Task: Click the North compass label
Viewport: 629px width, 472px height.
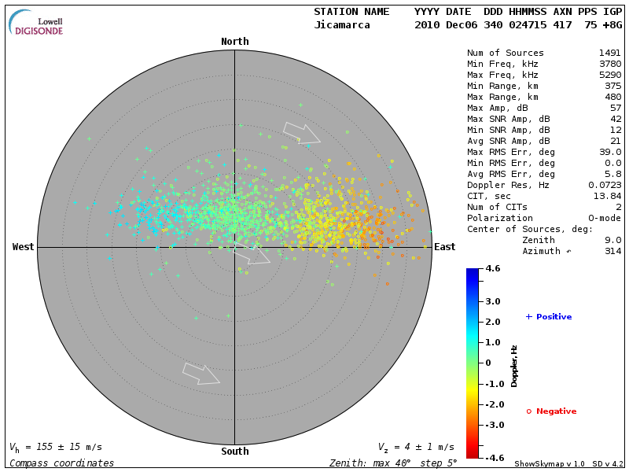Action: [234, 42]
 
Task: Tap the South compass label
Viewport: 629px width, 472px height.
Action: [234, 452]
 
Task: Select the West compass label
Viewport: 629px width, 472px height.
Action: [23, 247]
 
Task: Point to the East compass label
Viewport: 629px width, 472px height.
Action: [445, 247]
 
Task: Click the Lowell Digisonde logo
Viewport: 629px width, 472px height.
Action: [37, 22]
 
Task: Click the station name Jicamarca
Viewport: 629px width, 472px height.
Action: [340, 25]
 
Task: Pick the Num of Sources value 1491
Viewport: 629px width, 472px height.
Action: [610, 53]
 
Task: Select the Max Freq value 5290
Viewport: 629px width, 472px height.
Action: [610, 75]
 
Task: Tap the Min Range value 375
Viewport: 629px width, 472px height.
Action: [612, 86]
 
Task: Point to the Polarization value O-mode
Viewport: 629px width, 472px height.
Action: [602, 218]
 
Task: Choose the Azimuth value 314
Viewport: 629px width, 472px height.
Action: [612, 251]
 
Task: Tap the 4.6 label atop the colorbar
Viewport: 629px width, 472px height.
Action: [493, 268]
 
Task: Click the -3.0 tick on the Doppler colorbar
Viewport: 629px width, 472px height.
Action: [493, 425]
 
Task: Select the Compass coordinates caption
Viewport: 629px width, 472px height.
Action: [61, 463]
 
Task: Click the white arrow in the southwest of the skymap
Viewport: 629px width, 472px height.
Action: [200, 374]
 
